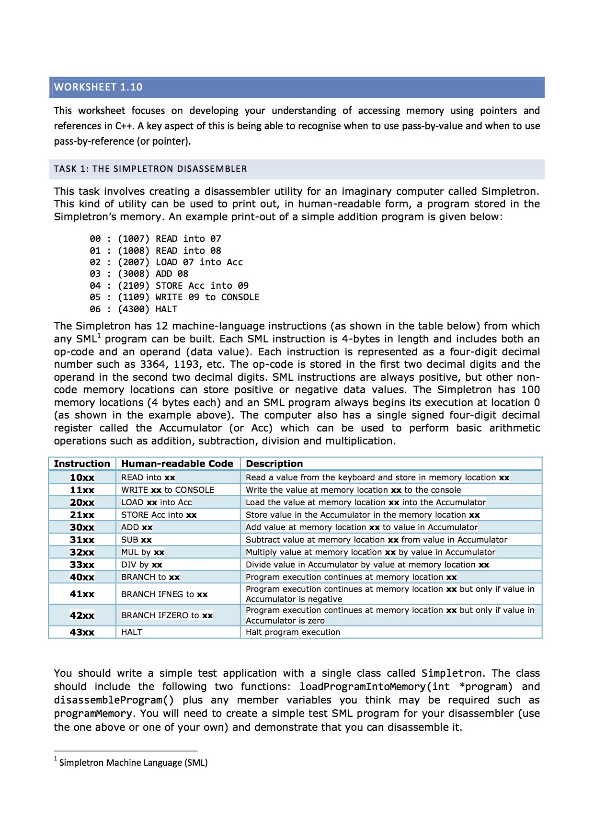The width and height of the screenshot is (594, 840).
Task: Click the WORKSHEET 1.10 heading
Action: pyautogui.click(x=98, y=87)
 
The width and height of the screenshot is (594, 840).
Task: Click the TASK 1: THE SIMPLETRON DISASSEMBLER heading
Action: pyautogui.click(x=150, y=169)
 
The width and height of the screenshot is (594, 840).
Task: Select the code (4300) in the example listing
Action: pyautogui.click(x=134, y=309)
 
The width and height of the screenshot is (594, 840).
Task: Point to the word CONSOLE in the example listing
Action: pyautogui.click(x=240, y=297)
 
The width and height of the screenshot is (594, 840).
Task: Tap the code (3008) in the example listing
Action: pyautogui.click(x=134, y=274)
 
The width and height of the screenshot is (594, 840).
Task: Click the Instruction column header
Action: pyautogui.click(x=82, y=464)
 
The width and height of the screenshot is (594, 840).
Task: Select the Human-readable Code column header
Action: pyautogui.click(x=177, y=464)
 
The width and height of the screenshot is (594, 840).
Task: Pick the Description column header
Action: pyautogui.click(x=274, y=464)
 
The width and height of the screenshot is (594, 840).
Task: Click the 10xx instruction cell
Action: pyautogui.click(x=82, y=477)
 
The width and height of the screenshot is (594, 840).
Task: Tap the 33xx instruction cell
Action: pyautogui.click(x=82, y=565)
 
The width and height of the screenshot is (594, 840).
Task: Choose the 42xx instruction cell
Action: pyautogui.click(x=82, y=615)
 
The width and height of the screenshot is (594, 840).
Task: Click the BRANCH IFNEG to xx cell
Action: pyautogui.click(x=164, y=594)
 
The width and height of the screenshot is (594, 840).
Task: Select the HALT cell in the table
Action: pyautogui.click(x=132, y=632)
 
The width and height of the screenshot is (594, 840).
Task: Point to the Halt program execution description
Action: pyautogui.click(x=293, y=632)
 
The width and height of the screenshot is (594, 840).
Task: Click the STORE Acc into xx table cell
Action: pyautogui.click(x=159, y=515)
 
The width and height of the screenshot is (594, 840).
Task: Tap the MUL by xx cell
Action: pyautogui.click(x=143, y=552)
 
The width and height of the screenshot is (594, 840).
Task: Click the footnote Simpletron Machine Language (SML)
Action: pyautogui.click(x=133, y=763)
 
